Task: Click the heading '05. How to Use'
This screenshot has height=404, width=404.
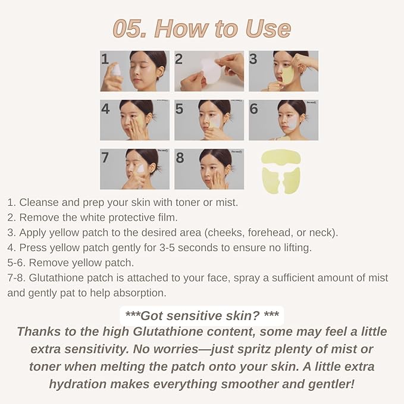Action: pos(202,28)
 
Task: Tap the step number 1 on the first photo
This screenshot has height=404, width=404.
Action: pos(105,59)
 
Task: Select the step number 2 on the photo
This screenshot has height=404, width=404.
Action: pos(179,59)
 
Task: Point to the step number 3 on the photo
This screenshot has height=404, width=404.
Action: pos(253,59)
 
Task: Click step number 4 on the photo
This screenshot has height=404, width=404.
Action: pos(105,109)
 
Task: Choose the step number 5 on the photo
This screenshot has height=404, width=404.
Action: pos(179,109)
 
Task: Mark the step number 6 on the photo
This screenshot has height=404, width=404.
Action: pos(253,109)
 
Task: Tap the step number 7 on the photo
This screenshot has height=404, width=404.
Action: pos(105,158)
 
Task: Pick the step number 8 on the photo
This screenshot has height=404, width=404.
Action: pos(179,158)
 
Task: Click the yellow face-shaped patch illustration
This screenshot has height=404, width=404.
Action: pos(282,171)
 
